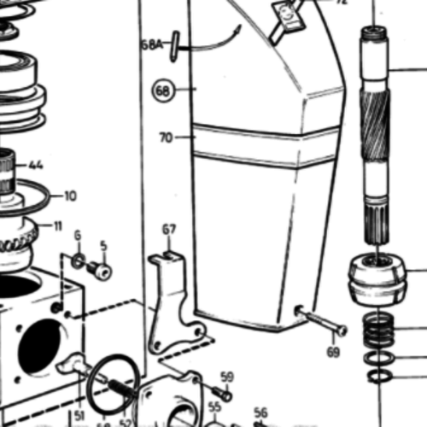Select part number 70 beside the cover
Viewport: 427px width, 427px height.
166,136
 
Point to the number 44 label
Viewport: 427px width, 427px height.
36,165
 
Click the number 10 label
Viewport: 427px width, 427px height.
69,196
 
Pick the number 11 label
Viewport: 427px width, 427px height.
58,226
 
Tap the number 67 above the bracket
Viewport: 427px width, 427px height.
169,229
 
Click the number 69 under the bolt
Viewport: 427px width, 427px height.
333,351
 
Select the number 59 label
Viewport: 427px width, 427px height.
226,377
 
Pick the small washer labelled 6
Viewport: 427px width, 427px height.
77,260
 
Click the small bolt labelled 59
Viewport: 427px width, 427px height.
221,393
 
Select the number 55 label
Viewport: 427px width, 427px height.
215,407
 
